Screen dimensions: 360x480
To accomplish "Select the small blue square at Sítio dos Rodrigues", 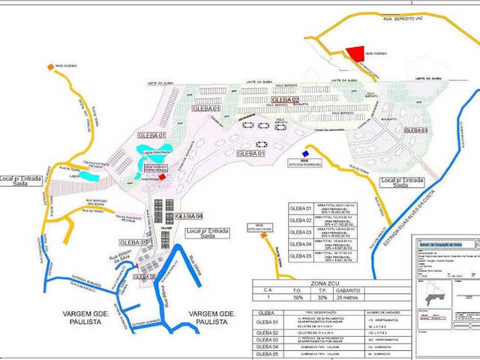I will pos(305,154).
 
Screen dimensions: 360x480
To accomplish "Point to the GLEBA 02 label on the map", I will pos(285,100).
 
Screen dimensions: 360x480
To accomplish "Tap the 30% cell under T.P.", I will pos(322,296).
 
